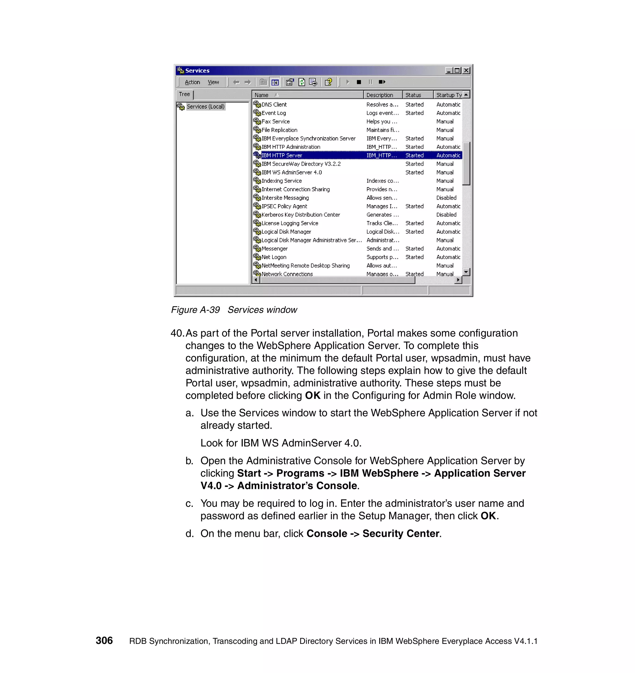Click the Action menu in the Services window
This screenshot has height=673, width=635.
pos(192,82)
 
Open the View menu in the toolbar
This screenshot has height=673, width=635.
pos(213,82)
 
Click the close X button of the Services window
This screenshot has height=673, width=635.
pos(466,70)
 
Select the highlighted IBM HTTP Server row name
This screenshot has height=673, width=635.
pos(282,155)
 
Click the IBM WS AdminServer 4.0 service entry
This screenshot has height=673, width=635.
pos(291,172)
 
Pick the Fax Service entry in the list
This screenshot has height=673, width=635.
pos(275,121)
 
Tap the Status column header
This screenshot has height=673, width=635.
pos(413,95)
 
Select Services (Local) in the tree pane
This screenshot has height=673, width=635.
pos(205,107)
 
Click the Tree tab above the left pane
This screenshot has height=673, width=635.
pos(184,95)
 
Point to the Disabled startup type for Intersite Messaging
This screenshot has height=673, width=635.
pos(446,198)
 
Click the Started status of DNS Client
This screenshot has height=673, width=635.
pos(414,105)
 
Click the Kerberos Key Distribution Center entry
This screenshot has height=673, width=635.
pos(300,215)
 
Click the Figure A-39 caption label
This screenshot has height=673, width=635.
pos(195,310)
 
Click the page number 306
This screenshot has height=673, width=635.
pos(104,640)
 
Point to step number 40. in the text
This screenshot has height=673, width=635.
pos(177,333)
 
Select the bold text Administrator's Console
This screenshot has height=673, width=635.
pos(297,486)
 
